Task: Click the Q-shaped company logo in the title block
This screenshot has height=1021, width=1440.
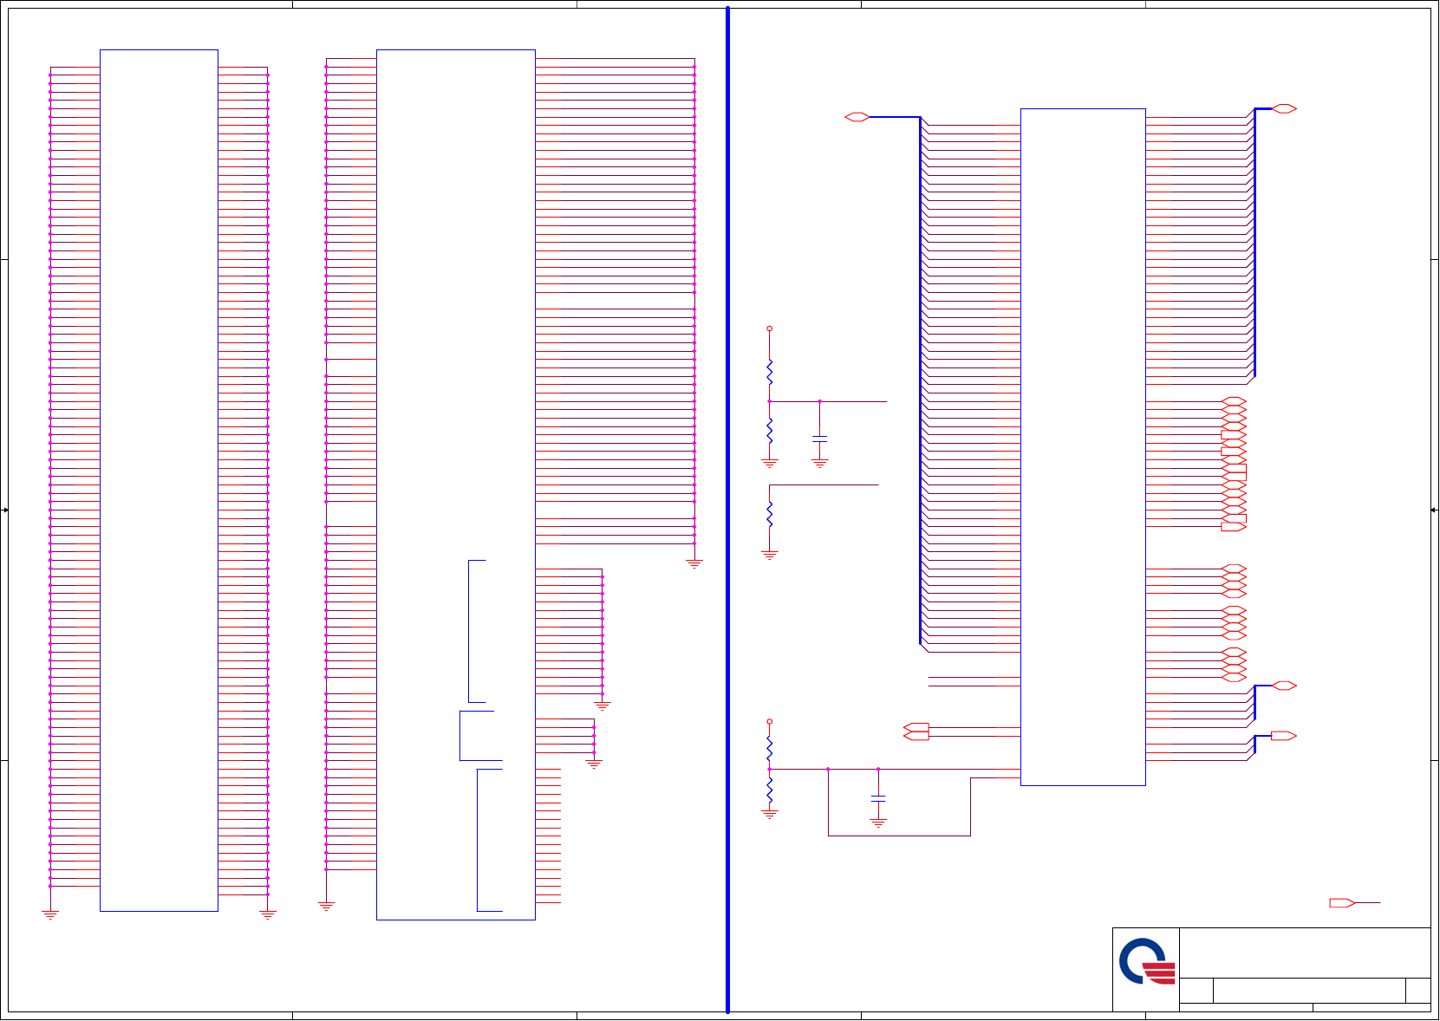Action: pyautogui.click(x=1146, y=961)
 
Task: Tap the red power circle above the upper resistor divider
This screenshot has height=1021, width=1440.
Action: pyautogui.click(x=769, y=329)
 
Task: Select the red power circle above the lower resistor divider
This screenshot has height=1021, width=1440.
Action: pyautogui.click(x=769, y=721)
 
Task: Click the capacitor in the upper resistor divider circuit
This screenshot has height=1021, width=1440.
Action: pyautogui.click(x=819, y=439)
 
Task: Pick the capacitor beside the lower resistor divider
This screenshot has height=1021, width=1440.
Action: pyautogui.click(x=878, y=797)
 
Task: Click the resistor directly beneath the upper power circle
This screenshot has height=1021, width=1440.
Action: pyautogui.click(x=769, y=373)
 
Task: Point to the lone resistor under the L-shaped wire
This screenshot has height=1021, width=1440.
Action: pyautogui.click(x=769, y=514)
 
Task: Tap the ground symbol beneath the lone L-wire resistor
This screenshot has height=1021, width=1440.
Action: pyautogui.click(x=769, y=555)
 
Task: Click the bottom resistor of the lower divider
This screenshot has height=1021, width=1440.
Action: pyautogui.click(x=769, y=790)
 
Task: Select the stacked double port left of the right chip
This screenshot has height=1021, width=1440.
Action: pyautogui.click(x=916, y=732)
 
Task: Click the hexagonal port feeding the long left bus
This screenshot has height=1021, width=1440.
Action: pyautogui.click(x=857, y=117)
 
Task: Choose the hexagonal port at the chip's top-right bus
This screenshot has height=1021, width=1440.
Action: pyautogui.click(x=1284, y=108)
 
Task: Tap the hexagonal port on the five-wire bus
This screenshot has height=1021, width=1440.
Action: pyautogui.click(x=1284, y=686)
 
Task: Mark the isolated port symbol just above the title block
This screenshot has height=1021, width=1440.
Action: pyautogui.click(x=1342, y=903)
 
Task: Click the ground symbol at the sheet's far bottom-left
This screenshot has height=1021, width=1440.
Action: pyautogui.click(x=50, y=915)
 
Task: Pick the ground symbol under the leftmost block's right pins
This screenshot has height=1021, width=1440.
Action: pyautogui.click(x=268, y=915)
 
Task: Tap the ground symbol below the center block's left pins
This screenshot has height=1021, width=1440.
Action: pyautogui.click(x=326, y=907)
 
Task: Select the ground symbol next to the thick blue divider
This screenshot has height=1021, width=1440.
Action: pyautogui.click(x=694, y=563)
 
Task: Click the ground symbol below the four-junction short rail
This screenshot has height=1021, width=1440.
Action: pyautogui.click(x=594, y=764)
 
